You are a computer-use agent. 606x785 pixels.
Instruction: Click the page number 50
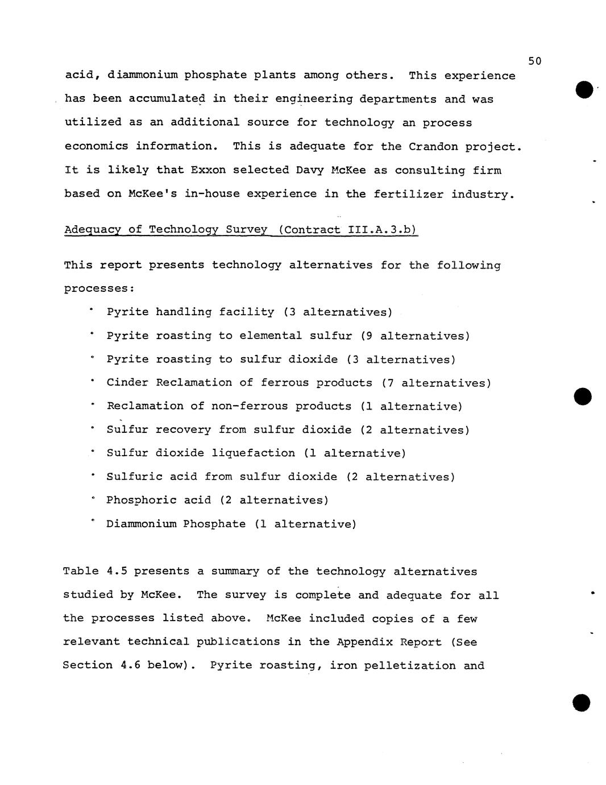click(534, 61)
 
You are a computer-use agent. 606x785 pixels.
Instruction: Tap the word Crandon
click(433, 146)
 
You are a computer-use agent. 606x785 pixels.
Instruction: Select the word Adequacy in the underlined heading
click(93, 230)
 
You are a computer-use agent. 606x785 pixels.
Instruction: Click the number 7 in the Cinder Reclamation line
click(391, 383)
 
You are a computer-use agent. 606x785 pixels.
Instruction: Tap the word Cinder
click(127, 383)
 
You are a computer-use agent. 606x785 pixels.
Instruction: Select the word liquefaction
click(253, 453)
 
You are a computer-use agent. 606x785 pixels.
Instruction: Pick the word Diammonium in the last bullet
click(141, 524)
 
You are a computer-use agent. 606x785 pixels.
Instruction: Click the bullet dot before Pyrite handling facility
click(90, 309)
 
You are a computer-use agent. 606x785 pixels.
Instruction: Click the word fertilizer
click(408, 194)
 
